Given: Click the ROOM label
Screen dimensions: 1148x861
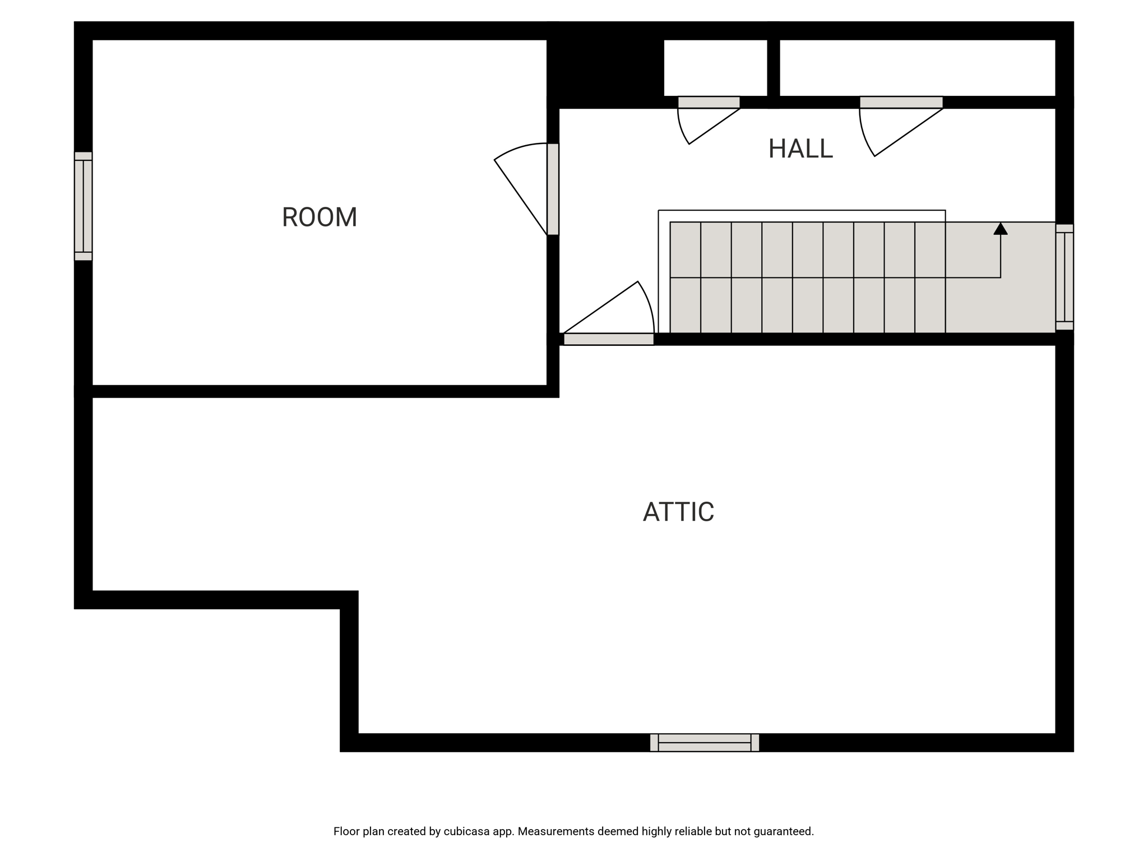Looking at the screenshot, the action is pos(320,217).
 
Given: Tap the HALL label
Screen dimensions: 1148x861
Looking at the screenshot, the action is pos(800,149).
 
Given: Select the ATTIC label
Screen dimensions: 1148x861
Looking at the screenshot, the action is pos(678,512).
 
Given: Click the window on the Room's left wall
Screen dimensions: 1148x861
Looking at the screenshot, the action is pos(84,206).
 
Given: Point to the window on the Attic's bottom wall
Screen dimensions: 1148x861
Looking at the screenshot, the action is pos(705,742).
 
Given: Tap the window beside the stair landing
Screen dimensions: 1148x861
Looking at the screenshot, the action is pos(1064,277).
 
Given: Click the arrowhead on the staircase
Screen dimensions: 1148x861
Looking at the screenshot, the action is pos(1001,229).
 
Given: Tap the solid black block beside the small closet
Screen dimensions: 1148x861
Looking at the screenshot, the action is pos(605,64).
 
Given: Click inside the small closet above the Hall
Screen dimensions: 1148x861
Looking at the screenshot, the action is pos(715,68).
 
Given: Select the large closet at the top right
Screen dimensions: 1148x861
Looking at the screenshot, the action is pos(918,68).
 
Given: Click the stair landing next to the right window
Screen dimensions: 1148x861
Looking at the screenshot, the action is pos(1001,277).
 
